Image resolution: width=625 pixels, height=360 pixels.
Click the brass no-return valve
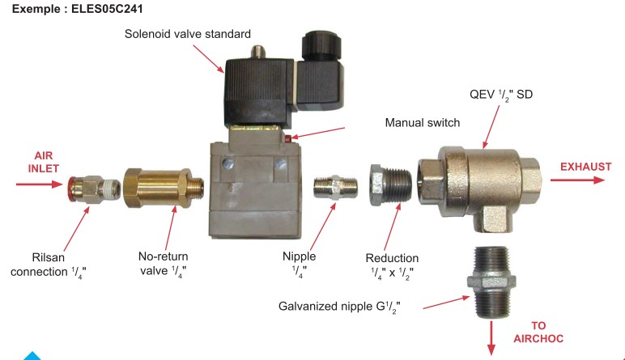coord(164,188)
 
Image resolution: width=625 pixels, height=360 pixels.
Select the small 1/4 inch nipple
coord(335,187)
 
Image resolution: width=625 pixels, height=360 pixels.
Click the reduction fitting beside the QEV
coord(391,184)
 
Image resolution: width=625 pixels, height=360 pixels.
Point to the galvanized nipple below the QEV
coord(491,282)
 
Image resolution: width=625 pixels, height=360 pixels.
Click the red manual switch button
coord(287,138)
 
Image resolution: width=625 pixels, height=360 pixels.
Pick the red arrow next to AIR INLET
coord(40,184)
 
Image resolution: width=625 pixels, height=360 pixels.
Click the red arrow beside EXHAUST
coord(577,180)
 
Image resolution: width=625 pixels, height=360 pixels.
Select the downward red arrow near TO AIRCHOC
coord(491,338)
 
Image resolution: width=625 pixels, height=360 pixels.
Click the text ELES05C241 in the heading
coord(107,9)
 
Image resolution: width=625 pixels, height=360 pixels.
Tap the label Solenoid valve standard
coord(188,34)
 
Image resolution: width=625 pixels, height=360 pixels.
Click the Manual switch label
coord(422,123)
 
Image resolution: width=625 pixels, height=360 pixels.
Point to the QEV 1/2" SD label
coord(501,95)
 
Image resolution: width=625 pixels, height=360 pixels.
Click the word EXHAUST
coord(585,167)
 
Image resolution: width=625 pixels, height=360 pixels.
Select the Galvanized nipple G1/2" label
coord(339,307)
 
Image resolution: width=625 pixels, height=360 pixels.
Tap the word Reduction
coord(392,258)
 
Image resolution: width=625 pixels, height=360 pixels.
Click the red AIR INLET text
coord(44,162)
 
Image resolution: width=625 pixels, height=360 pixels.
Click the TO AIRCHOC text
coord(538,332)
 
